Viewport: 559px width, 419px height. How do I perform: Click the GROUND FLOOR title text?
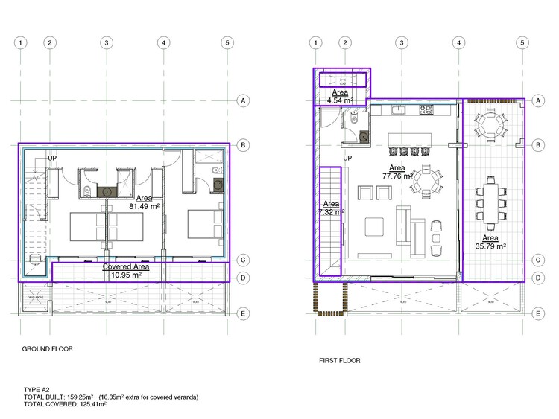(48, 348)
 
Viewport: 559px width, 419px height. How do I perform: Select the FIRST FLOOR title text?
(339, 360)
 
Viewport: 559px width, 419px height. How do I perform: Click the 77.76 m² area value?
(397, 177)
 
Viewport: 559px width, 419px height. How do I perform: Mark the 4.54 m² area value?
(340, 100)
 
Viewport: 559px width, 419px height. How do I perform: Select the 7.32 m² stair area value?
(331, 212)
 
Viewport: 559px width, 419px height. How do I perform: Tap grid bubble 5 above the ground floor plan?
(227, 42)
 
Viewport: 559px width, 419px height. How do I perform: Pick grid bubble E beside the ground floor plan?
(242, 314)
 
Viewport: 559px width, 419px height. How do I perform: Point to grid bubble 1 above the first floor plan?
(317, 42)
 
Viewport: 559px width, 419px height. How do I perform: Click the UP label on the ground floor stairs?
(52, 159)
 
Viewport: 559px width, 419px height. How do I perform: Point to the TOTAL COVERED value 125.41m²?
(90, 404)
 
